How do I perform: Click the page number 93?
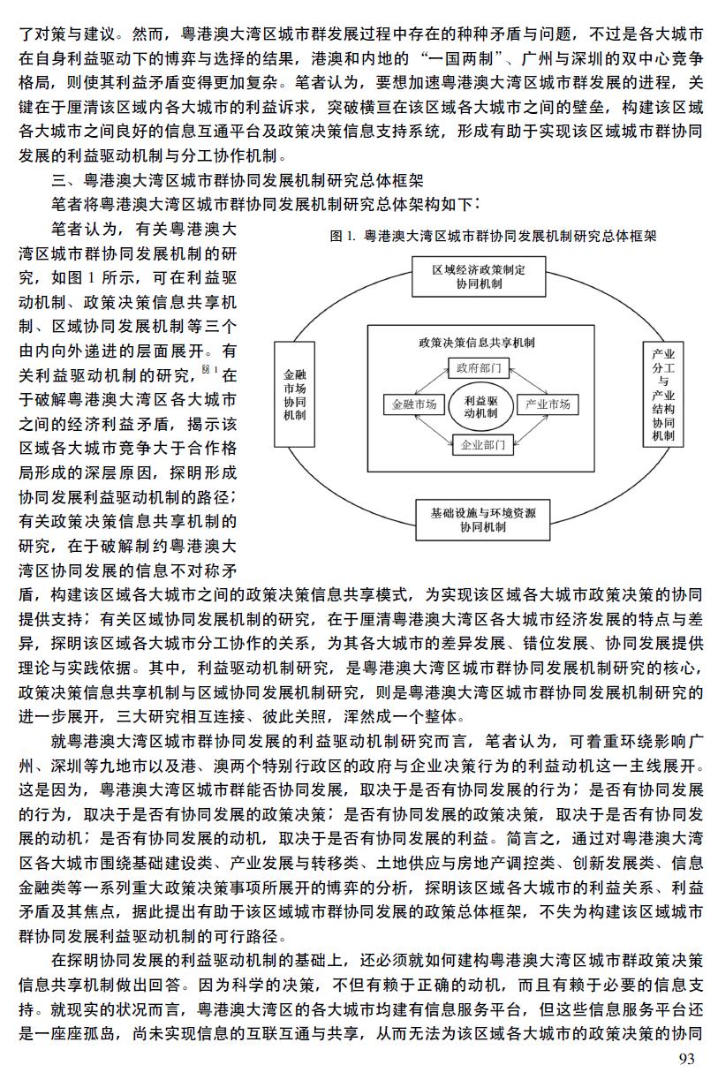[x=687, y=1058]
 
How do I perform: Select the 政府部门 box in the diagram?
[x=479, y=368]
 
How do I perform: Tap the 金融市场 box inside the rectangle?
[x=414, y=404]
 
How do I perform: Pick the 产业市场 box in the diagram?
[x=548, y=404]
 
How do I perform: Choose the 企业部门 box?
[x=483, y=444]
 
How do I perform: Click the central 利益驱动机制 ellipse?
[x=480, y=407]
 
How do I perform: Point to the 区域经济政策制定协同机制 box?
[x=479, y=276]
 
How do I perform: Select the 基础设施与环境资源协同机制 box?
[x=483, y=520]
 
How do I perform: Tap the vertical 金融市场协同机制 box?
[x=295, y=395]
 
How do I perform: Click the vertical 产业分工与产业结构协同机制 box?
[x=663, y=395]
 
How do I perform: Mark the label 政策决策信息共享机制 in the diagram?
[x=476, y=343]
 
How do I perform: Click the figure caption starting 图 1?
[x=493, y=236]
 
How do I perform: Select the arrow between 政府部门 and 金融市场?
[x=432, y=381]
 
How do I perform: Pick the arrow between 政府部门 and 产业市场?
[x=528, y=381]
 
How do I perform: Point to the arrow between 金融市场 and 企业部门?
[x=434, y=428]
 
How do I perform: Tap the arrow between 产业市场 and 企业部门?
[x=531, y=429]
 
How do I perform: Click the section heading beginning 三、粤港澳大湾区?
[x=238, y=180]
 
